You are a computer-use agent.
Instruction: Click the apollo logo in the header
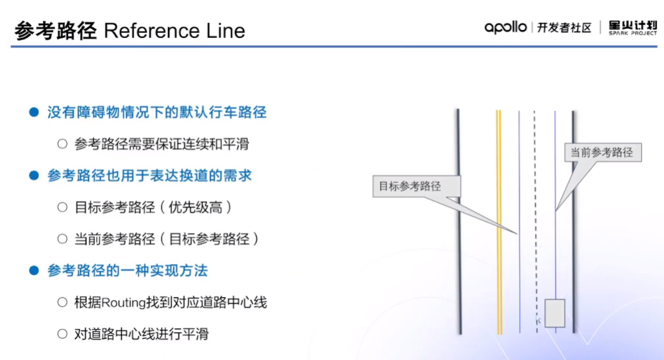(505, 28)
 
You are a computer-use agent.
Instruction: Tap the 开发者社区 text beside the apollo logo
(564, 28)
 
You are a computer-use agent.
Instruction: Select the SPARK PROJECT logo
(633, 28)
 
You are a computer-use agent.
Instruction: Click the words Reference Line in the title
(175, 31)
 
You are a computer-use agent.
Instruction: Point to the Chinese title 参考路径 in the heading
(55, 31)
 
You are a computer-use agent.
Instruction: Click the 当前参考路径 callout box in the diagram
(602, 152)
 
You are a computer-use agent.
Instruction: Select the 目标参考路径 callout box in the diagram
(417, 186)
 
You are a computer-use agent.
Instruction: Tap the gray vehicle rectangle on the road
(555, 312)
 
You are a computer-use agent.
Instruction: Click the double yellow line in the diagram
(499, 223)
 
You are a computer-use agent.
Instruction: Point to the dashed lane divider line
(535, 223)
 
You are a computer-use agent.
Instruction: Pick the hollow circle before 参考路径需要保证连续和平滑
(62, 144)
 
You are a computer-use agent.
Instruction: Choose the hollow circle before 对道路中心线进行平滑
(62, 334)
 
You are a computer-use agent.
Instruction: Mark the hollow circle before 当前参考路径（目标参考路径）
(62, 239)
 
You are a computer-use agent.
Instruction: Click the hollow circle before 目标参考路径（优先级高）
(62, 207)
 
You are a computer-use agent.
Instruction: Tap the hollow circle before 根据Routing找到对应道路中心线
(62, 302)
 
